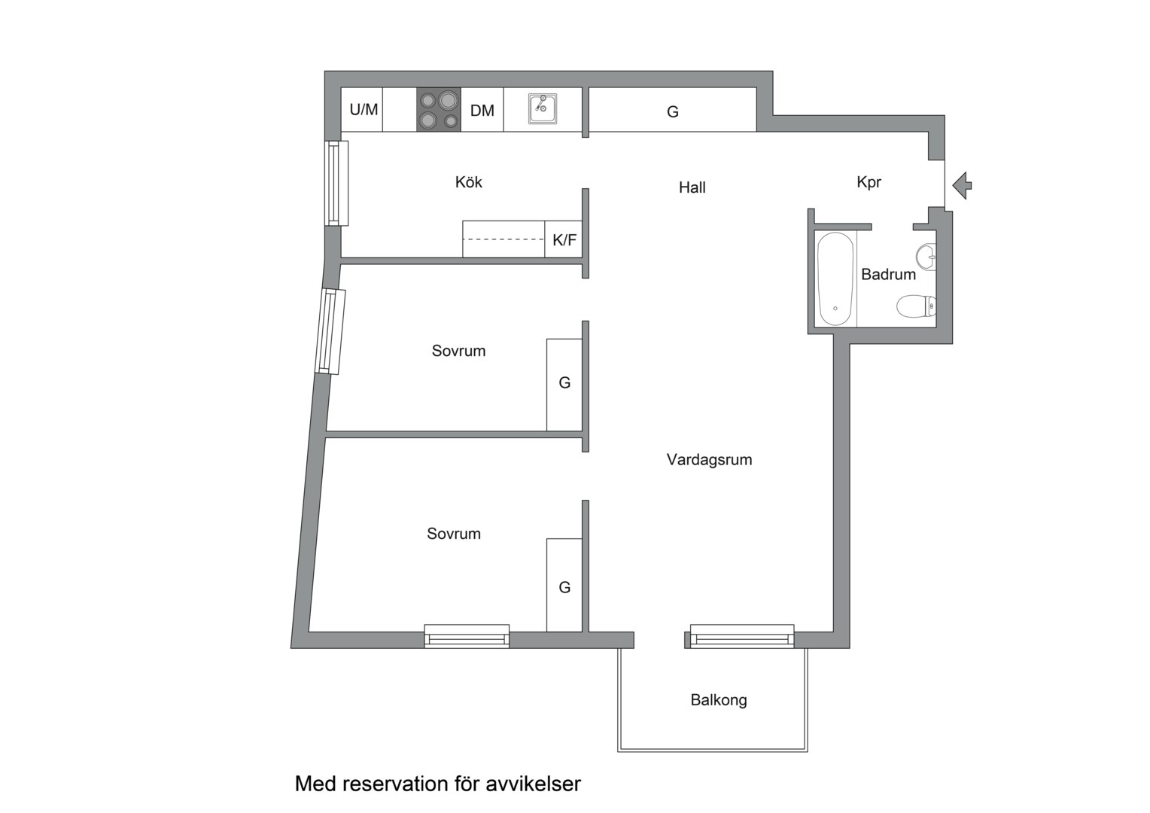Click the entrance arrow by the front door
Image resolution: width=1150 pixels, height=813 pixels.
pyautogui.click(x=962, y=185)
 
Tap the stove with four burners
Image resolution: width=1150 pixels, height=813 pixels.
pyautogui.click(x=439, y=109)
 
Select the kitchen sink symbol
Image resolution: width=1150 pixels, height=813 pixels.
pyautogui.click(x=543, y=108)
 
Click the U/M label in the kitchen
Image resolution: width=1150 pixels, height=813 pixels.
pyautogui.click(x=364, y=109)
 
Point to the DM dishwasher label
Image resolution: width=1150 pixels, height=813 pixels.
pyautogui.click(x=482, y=111)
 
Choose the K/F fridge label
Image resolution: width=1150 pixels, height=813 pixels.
pyautogui.click(x=564, y=240)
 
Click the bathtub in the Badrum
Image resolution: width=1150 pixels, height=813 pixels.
pyautogui.click(x=836, y=279)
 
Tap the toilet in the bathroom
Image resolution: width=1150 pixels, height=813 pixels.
pyautogui.click(x=916, y=306)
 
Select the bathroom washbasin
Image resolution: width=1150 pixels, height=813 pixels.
pyautogui.click(x=926, y=256)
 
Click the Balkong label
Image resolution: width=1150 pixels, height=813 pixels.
pyautogui.click(x=718, y=700)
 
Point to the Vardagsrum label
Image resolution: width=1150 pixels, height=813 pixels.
pyautogui.click(x=709, y=460)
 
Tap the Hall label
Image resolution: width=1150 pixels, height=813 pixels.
pyautogui.click(x=692, y=187)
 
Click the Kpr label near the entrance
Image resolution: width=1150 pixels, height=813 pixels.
pyautogui.click(x=869, y=182)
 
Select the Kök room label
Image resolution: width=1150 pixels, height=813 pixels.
pyautogui.click(x=468, y=182)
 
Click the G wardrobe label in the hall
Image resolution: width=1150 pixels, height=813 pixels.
pyautogui.click(x=673, y=111)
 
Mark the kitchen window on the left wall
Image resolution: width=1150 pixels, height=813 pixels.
pyautogui.click(x=336, y=184)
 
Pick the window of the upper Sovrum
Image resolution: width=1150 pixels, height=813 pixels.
pyautogui.click(x=330, y=332)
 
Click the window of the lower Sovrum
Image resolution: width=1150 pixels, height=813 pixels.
pyautogui.click(x=467, y=636)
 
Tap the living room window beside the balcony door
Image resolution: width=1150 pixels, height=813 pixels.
pyautogui.click(x=742, y=636)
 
